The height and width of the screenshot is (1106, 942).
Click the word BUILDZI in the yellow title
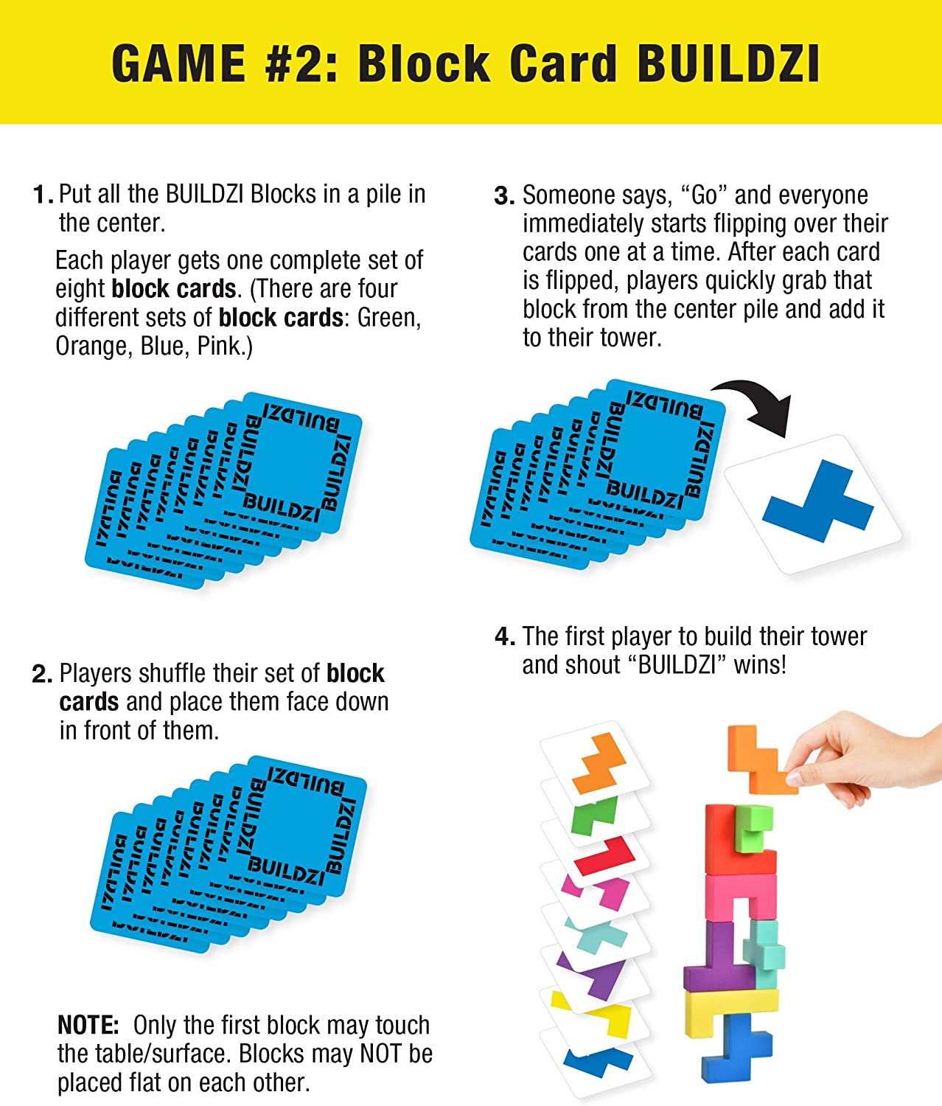pyautogui.click(x=728, y=63)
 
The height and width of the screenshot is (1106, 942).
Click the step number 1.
pyautogui.click(x=41, y=195)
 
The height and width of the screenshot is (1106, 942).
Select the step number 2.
pyautogui.click(x=41, y=675)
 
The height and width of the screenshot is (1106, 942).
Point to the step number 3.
pyautogui.click(x=504, y=196)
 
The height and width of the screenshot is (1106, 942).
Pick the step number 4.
pyautogui.click(x=504, y=637)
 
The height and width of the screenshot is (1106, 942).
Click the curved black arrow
pyautogui.click(x=759, y=402)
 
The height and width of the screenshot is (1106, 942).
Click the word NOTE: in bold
pyautogui.click(x=88, y=1026)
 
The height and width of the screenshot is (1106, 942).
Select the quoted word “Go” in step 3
pyautogui.click(x=704, y=195)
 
